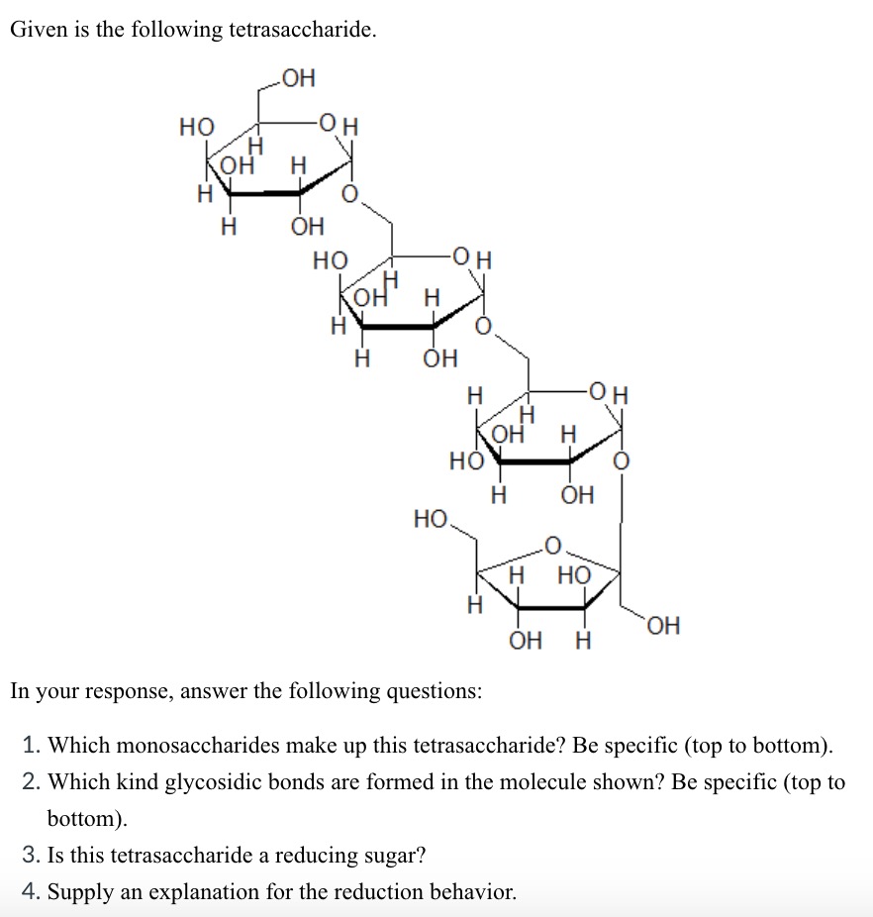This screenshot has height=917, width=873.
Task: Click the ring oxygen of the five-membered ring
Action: [552, 544]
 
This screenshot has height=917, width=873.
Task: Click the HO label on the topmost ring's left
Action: [195, 127]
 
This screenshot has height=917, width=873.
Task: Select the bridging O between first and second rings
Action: [348, 194]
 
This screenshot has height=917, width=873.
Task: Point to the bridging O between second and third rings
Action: [483, 328]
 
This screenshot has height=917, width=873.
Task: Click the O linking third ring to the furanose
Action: [621, 462]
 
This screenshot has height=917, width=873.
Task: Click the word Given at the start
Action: [36, 30]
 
